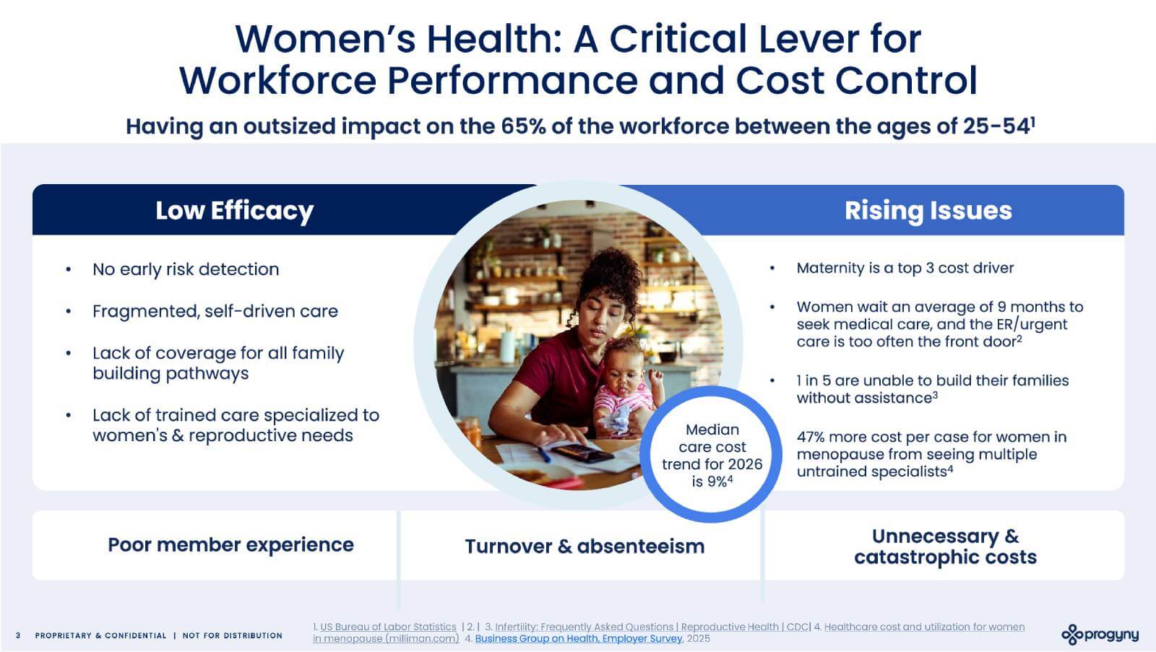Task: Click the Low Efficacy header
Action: coord(234,210)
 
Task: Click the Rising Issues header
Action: coord(928,210)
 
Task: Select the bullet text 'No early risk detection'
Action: coord(186,269)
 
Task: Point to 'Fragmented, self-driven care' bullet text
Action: coord(215,311)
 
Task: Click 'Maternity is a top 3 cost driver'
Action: coord(905,268)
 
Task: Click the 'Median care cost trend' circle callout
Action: coord(711,454)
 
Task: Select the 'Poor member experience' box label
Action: coord(230,544)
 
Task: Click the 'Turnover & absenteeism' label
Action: coord(585,547)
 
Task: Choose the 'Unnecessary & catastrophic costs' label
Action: coord(945,547)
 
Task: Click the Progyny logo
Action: coord(1100,635)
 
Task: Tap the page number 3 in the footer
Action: coord(18,635)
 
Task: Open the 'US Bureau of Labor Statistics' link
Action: coord(388,627)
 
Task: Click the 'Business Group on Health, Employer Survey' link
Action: coord(579,638)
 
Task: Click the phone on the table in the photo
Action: coord(582,453)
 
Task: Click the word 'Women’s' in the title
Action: coord(325,39)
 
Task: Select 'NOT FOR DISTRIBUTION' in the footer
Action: coord(232,635)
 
